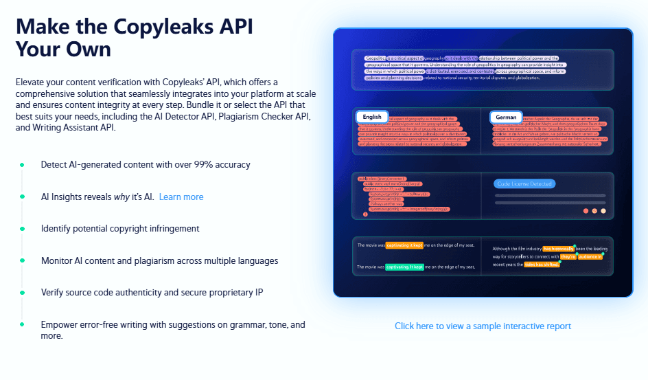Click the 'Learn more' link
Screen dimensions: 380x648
(x=181, y=197)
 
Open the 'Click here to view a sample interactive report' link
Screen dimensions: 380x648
(x=483, y=326)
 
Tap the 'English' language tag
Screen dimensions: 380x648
(x=372, y=118)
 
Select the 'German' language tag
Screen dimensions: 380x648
(x=506, y=118)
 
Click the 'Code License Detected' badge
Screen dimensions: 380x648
(x=523, y=183)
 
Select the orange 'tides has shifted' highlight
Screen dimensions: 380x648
(x=542, y=264)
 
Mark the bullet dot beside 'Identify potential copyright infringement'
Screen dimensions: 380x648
(x=22, y=228)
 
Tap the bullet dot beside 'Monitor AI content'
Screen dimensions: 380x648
(x=22, y=260)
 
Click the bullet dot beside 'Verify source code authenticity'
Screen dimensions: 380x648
(x=22, y=292)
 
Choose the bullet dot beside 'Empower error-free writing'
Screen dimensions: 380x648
(x=22, y=324)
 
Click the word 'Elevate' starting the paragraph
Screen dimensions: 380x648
(x=31, y=82)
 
